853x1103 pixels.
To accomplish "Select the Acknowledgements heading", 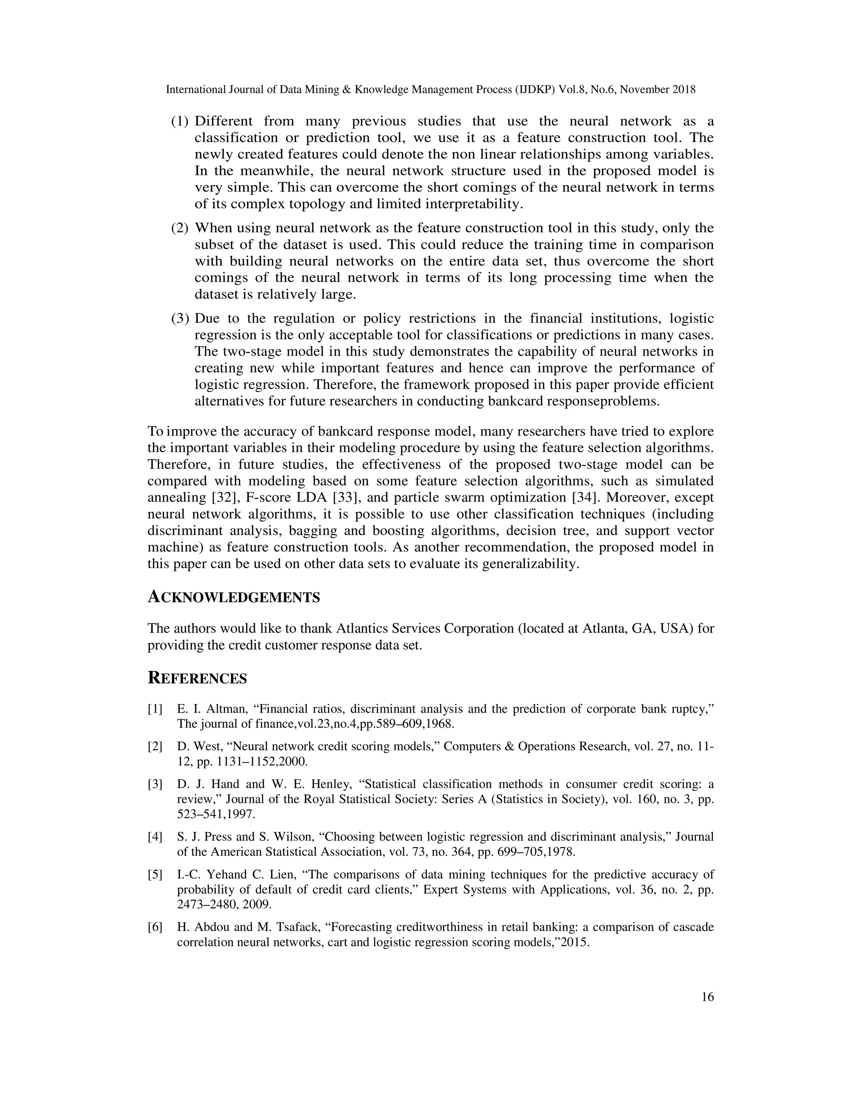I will [234, 597].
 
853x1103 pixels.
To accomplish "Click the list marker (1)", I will [180, 122].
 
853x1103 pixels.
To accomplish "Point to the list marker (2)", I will [180, 228].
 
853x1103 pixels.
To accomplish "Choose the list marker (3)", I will [180, 319].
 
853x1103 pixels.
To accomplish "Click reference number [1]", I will [155, 709].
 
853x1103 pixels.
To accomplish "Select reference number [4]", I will [155, 837].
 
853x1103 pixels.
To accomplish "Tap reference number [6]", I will [155, 927].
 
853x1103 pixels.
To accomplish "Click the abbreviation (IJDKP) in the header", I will [534, 90].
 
